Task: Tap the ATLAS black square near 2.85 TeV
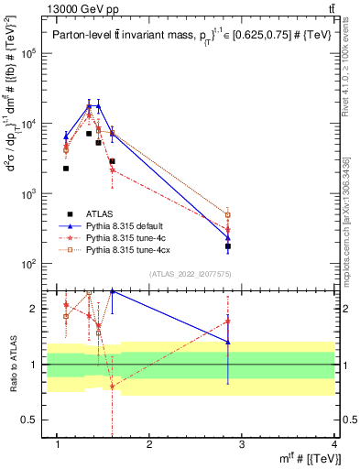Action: tap(228, 246)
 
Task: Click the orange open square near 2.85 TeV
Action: tap(228, 215)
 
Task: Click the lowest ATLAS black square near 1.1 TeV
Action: tap(66, 169)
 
